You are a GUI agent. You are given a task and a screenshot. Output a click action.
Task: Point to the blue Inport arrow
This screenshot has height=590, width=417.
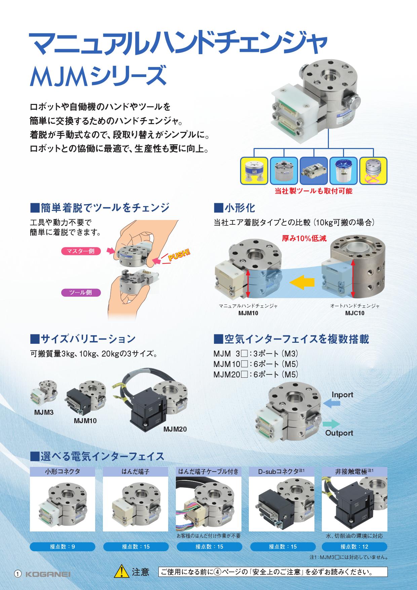click(331, 403)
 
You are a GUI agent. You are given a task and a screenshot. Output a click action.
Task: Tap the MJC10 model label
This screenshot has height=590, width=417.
click(355, 313)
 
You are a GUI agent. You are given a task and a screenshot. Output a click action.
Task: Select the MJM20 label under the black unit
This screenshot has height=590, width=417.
click(175, 429)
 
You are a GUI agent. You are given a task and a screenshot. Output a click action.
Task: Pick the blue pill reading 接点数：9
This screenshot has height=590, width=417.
click(63, 547)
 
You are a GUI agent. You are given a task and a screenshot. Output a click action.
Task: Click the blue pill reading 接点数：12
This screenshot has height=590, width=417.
click(354, 547)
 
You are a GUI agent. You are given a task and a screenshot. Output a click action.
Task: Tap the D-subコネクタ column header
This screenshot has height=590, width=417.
click(281, 472)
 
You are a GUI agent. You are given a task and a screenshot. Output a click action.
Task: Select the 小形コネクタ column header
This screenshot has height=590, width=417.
click(63, 472)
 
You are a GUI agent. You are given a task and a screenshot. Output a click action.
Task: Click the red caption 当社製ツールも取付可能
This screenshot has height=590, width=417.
click(313, 191)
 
